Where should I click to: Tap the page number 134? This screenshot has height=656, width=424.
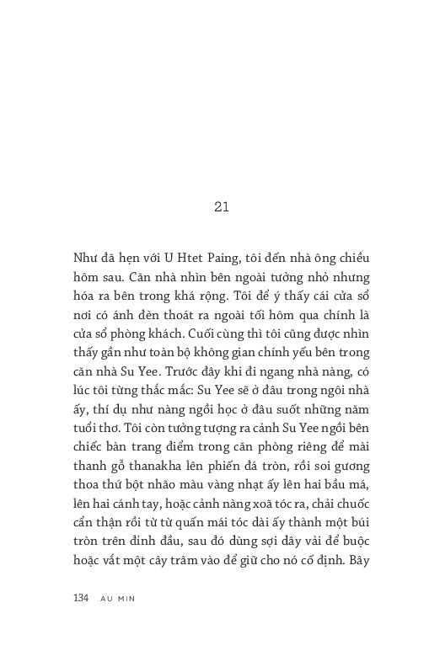(x=81, y=597)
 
